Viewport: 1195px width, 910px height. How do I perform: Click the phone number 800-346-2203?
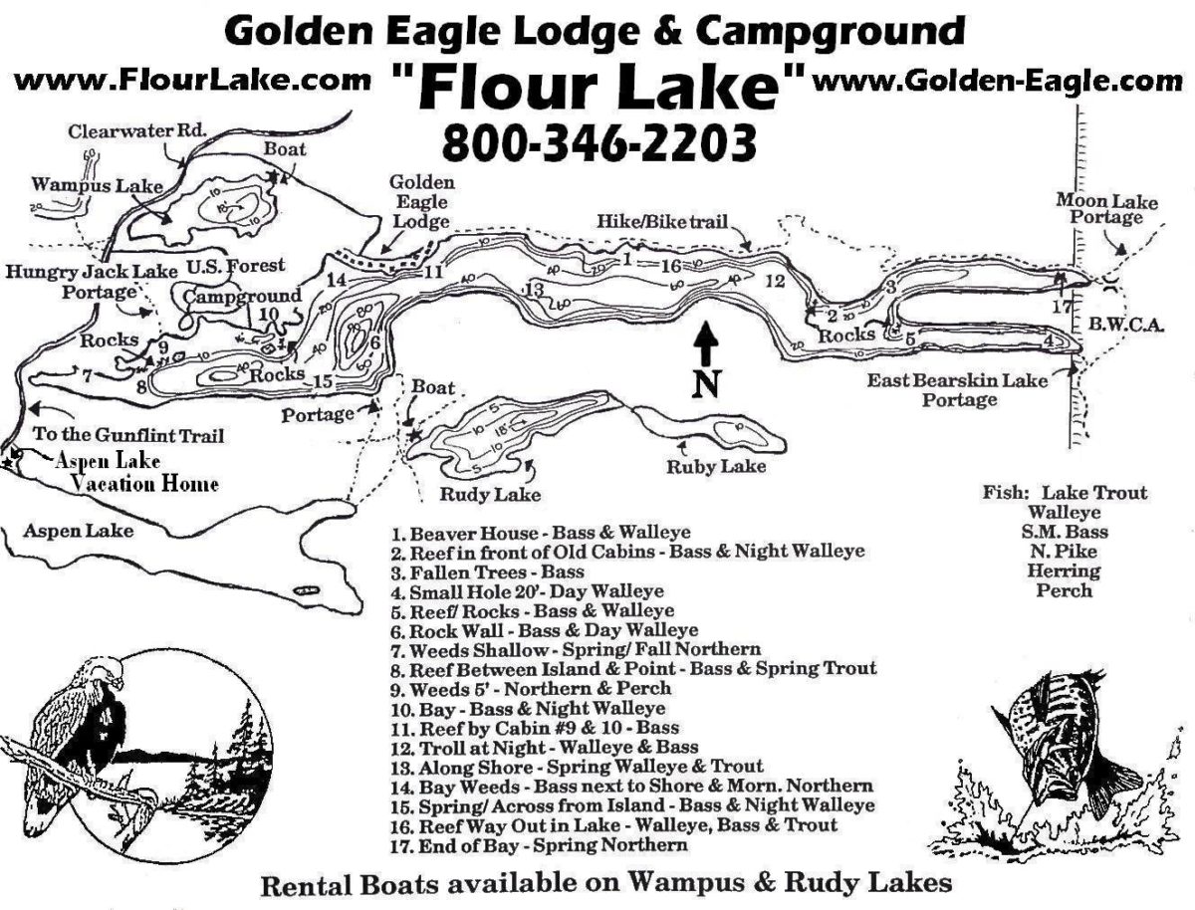(597, 141)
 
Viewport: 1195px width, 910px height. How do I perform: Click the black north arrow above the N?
(705, 343)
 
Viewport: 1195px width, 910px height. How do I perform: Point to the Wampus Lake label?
(83, 185)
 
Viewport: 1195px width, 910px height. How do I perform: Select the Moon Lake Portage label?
(1106, 209)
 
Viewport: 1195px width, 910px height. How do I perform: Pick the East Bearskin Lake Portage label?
(959, 389)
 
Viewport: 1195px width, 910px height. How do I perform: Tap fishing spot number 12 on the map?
(774, 281)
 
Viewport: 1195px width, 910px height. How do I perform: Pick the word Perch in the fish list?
(1065, 590)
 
